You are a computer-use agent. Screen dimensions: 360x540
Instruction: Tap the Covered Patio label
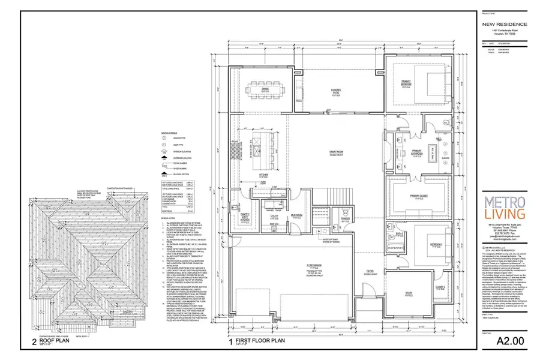coord(336,91)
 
